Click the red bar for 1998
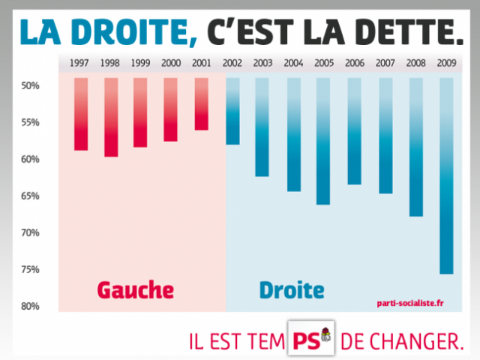pos(111,117)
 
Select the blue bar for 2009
pos(446,176)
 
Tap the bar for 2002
pos(232,111)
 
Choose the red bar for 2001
pos(202,104)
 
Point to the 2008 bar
pos(415,147)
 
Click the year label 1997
pos(81,64)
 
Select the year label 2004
pos(293,64)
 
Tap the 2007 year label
pos(385,64)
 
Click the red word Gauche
pos(135,289)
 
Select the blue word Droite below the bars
pos(292,289)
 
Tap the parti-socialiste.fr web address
pos(410,303)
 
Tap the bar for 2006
pos(354,131)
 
